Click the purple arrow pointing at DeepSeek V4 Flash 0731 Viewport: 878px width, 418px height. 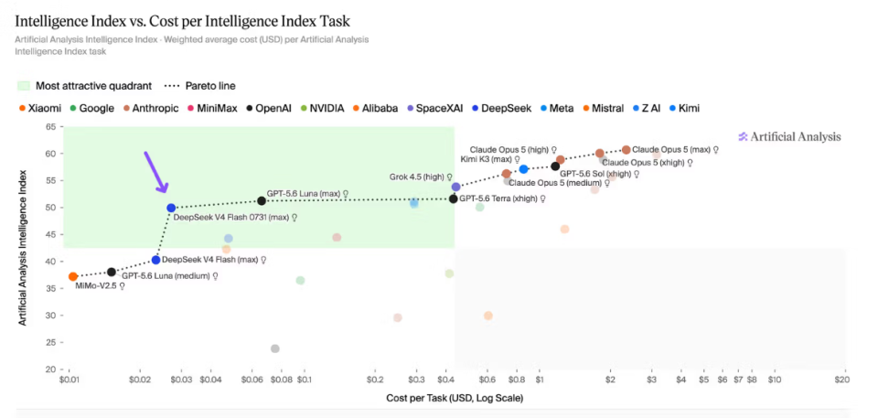click(155, 173)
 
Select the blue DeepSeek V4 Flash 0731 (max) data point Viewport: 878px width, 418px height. click(171, 208)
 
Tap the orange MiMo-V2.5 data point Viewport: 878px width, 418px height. click(73, 276)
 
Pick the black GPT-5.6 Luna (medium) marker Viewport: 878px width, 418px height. click(112, 272)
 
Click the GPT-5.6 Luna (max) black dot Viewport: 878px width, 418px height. click(262, 200)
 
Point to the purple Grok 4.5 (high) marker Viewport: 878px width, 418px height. click(456, 187)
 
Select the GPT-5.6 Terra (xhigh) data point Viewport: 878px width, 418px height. click(454, 198)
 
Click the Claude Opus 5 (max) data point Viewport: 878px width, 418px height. click(626, 150)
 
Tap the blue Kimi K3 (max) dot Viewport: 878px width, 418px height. click(523, 169)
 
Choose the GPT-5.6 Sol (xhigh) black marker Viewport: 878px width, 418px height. click(555, 166)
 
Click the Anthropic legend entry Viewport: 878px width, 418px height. click(151, 108)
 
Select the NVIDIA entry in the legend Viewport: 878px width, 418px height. click(323, 108)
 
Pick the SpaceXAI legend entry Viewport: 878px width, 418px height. click(435, 108)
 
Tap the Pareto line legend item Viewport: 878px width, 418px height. click(200, 86)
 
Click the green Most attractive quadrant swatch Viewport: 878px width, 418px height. click(24, 86)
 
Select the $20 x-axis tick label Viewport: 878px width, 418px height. click(842, 380)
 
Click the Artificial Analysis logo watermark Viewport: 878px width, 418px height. click(789, 136)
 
